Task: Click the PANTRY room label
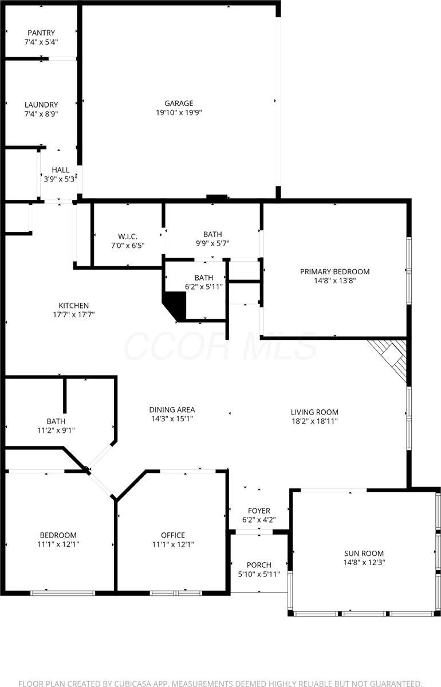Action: (41, 33)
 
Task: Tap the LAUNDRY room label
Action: (41, 105)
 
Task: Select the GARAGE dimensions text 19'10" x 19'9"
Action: (179, 113)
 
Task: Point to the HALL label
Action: (61, 170)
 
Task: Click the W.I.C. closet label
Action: (128, 236)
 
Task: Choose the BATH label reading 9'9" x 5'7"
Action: (212, 234)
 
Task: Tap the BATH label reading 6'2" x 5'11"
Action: (203, 278)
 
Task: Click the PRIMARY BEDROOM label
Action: (335, 271)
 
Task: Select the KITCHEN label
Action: (74, 305)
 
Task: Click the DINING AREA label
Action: (172, 409)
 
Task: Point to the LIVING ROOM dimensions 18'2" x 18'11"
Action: (314, 421)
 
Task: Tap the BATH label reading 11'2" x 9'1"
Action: (56, 421)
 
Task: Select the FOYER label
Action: (259, 511)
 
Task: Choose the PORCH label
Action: (259, 565)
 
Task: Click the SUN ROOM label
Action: (364, 553)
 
